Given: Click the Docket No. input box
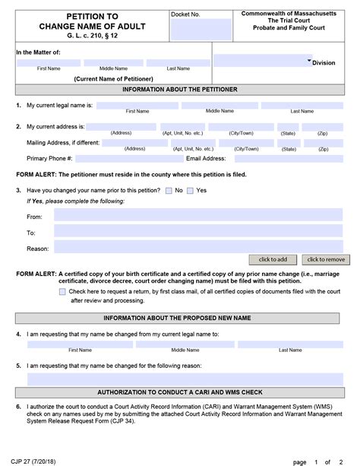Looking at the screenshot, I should pos(191,30).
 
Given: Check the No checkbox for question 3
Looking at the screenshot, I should pos(169,190).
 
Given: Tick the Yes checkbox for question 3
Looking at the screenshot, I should pos(191,190).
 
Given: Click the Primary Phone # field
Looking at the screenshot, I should pos(129,159).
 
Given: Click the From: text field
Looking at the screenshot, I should pos(199,217).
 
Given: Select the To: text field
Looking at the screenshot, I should pos(199,233).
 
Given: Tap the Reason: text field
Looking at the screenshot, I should pos(199,248).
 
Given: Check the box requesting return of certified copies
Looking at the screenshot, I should pos(62,291).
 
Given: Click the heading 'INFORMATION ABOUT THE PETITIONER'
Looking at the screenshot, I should pos(180,90).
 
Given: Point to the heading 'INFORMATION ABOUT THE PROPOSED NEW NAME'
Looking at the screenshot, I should pos(180,318).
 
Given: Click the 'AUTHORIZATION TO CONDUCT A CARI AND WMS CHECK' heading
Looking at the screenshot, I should pos(180,392).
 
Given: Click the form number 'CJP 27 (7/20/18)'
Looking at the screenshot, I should pos(34,461).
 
